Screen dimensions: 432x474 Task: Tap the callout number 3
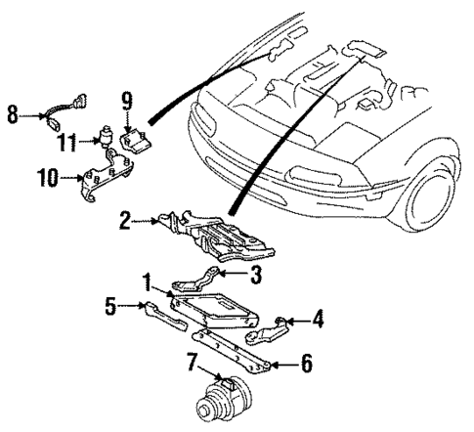[x=256, y=276]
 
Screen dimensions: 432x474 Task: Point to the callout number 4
[x=318, y=318]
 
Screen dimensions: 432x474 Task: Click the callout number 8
[x=13, y=115]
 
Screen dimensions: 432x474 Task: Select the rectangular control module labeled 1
[x=215, y=308]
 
